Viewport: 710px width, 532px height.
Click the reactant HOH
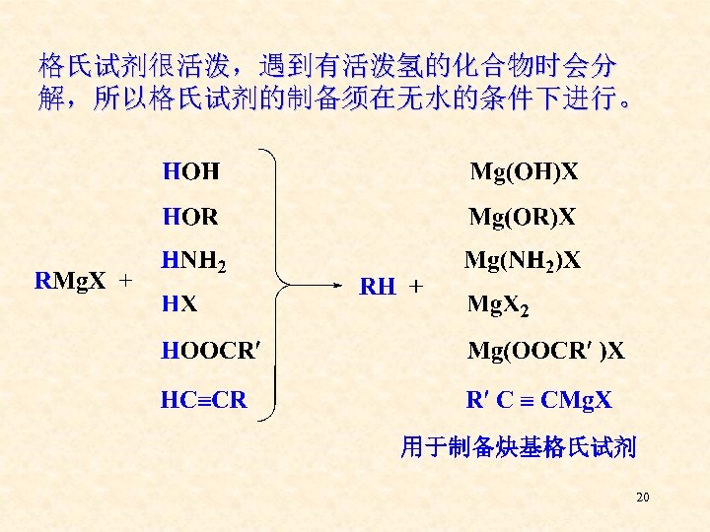[191, 172]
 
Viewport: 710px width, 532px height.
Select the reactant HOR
[191, 216]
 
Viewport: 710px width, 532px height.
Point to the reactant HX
[179, 304]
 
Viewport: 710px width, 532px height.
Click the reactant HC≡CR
[204, 400]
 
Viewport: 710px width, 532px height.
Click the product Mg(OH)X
[524, 172]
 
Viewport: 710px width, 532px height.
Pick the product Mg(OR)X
[523, 216]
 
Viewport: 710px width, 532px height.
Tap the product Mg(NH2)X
[523, 261]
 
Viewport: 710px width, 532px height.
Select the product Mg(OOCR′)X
[545, 350]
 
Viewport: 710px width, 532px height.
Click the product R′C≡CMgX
[539, 400]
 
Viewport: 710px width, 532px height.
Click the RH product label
[378, 287]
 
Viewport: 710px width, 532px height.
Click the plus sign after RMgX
[125, 282]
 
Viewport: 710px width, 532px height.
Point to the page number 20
[643, 498]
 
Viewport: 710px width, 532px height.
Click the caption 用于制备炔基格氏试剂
[518, 449]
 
